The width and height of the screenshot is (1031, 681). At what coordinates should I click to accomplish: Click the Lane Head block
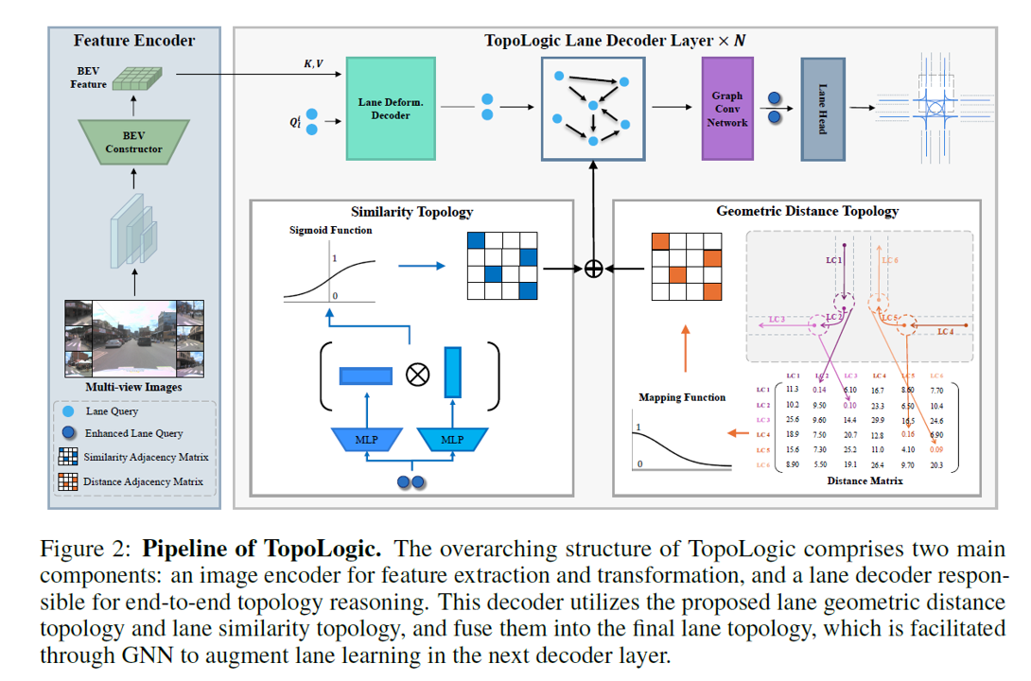(x=822, y=109)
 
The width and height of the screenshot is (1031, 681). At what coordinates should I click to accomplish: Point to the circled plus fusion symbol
(x=593, y=269)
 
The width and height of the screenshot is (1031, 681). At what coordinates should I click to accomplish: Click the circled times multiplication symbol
(x=413, y=374)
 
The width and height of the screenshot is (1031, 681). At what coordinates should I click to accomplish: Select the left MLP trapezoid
(x=366, y=439)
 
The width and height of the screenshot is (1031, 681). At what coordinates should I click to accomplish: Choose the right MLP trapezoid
(x=452, y=439)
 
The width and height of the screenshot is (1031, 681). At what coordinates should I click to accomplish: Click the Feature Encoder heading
(x=133, y=41)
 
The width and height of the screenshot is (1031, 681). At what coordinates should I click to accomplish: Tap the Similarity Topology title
(x=411, y=212)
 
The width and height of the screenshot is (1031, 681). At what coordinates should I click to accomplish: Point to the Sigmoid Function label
(x=330, y=230)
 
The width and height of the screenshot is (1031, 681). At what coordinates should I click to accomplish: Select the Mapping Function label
(x=682, y=397)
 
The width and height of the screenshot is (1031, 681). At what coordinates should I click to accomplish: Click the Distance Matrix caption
(x=865, y=480)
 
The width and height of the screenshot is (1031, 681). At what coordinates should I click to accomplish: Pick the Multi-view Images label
(x=133, y=387)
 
